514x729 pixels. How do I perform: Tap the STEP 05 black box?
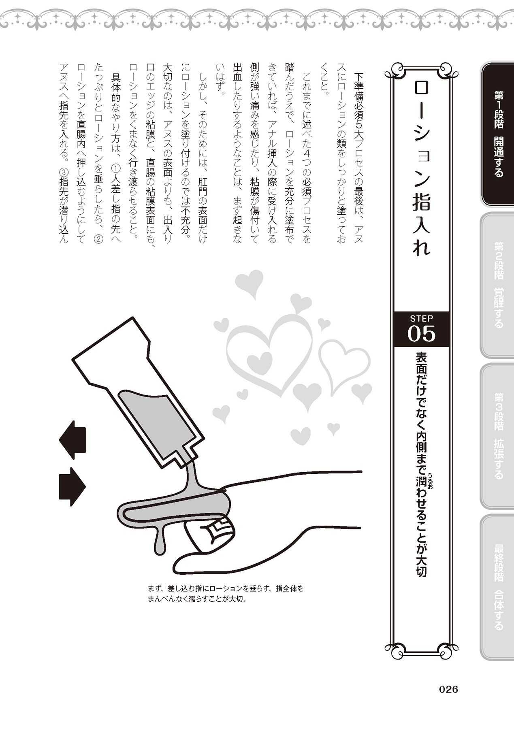[421, 329]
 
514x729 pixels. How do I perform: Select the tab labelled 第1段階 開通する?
[497, 134]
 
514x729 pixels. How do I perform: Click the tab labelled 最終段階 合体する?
[497, 587]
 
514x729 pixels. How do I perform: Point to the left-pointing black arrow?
[73, 440]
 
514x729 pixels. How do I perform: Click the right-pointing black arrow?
[73, 487]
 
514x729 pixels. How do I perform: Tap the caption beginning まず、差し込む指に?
[226, 593]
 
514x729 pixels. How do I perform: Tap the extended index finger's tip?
[122, 511]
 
